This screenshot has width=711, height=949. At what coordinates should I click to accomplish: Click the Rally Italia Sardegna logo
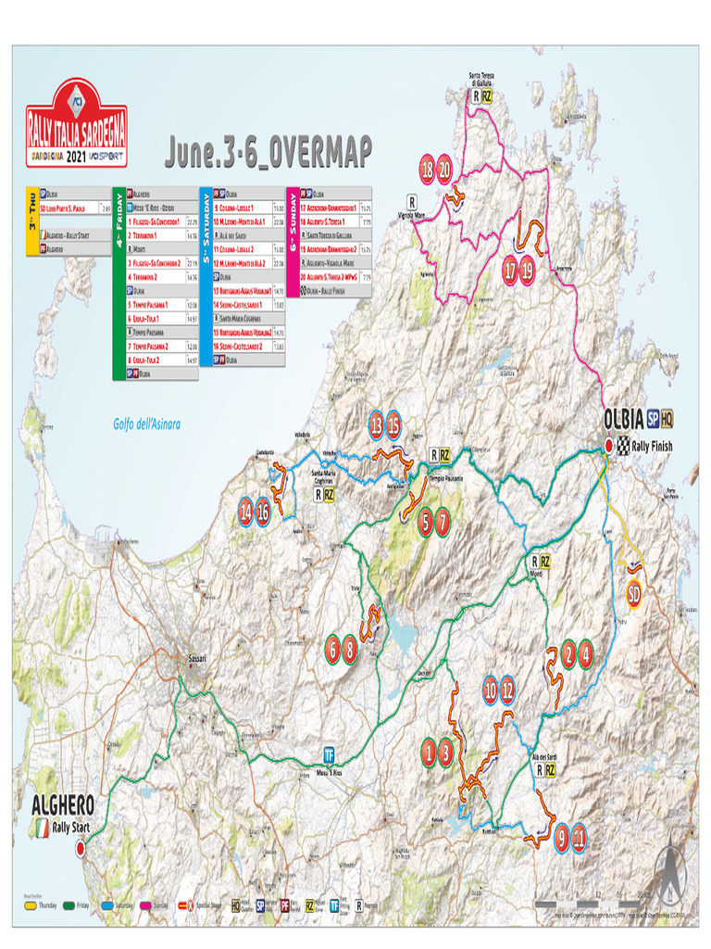(x=77, y=123)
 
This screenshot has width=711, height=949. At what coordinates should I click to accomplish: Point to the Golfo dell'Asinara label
(x=146, y=424)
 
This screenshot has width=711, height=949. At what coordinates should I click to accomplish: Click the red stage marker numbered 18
(x=427, y=171)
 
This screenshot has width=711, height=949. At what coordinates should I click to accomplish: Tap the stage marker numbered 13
(x=376, y=425)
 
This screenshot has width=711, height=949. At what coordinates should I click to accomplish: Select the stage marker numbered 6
(x=332, y=651)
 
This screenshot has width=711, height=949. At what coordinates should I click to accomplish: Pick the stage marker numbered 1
(x=428, y=752)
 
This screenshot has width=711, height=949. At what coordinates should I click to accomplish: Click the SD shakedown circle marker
(x=634, y=593)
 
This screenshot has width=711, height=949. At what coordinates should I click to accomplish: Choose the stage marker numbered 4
(x=585, y=654)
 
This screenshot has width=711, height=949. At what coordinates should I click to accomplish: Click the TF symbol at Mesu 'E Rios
(x=329, y=753)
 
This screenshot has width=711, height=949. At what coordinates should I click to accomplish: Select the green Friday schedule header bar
(x=118, y=283)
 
